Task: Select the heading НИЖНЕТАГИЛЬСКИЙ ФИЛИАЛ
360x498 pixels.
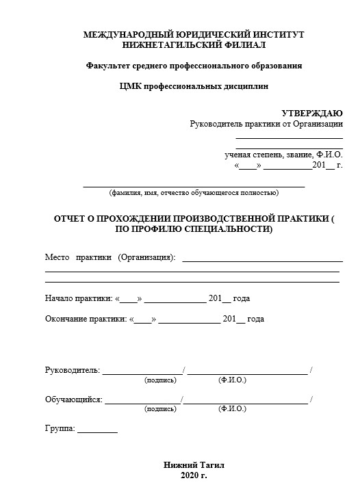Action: (194, 44)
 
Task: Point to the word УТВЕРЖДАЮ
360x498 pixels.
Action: (312, 113)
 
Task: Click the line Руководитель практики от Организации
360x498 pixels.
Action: (266, 124)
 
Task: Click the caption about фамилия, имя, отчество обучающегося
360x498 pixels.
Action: (194, 193)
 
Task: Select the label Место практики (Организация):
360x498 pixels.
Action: (110, 258)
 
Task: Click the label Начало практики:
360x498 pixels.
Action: (78, 298)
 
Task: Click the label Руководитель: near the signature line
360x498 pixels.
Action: (72, 371)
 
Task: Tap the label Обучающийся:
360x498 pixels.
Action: (74, 399)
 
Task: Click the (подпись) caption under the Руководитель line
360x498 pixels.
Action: (160, 380)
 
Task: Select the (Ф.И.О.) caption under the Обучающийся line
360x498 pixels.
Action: (232, 408)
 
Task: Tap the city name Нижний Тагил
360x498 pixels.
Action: (194, 464)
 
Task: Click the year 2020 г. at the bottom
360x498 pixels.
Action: (194, 475)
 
